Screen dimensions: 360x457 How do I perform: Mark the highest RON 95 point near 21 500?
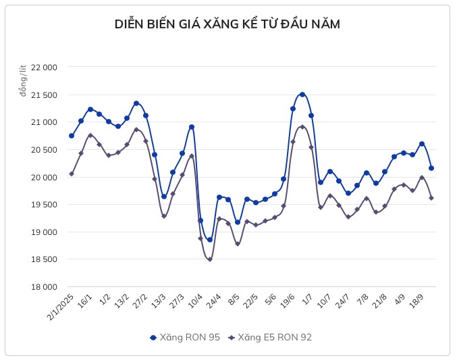coord(302,95)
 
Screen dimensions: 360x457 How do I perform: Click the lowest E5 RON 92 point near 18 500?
coord(210,259)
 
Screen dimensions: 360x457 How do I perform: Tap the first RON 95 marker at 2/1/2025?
coord(72,136)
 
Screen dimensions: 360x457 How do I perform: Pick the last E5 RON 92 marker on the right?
coord(431,198)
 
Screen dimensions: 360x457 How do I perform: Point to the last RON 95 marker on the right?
coord(431,168)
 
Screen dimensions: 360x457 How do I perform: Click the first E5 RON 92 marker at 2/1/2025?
coord(72,174)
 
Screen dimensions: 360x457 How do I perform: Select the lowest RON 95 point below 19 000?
coord(210,240)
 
